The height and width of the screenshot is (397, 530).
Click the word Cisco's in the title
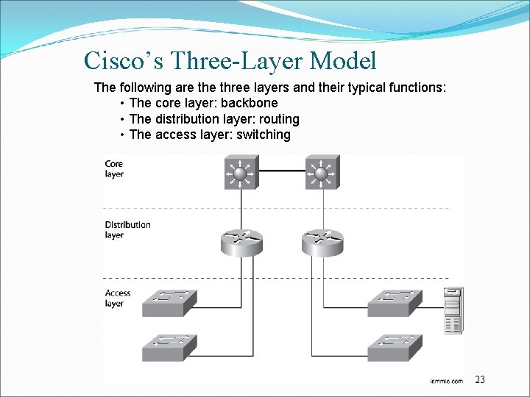click(x=121, y=60)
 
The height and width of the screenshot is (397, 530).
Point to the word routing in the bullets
click(x=275, y=119)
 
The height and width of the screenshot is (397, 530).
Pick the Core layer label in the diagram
click(x=114, y=169)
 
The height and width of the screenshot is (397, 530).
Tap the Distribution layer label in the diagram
click(x=127, y=229)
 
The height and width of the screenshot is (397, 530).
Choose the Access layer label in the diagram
click(x=117, y=298)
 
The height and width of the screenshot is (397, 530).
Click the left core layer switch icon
click(x=240, y=174)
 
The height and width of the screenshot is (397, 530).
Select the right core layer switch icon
click(x=321, y=174)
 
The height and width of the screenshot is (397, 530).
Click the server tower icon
click(x=452, y=310)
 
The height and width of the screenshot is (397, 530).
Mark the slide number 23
click(x=480, y=380)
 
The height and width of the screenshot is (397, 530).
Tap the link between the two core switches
click(x=280, y=171)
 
